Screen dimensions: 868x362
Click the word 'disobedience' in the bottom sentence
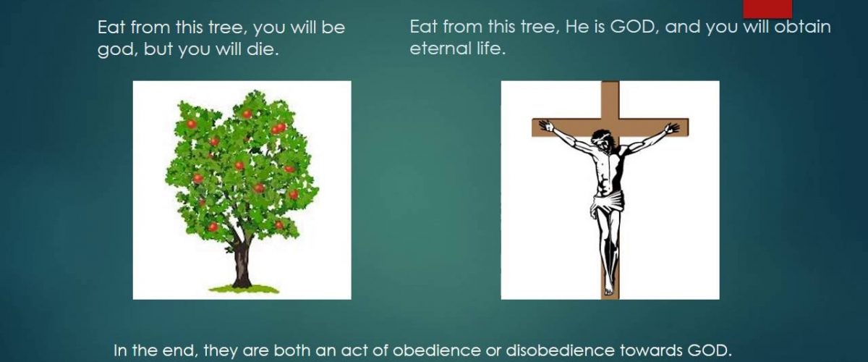pos(560,350)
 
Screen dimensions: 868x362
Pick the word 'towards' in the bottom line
pos(651,350)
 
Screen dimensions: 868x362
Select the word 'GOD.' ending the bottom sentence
pos(710,350)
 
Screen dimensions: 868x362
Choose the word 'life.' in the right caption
pos(492,49)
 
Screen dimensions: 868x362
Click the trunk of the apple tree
pos(242,264)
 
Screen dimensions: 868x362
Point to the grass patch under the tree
pos(244,289)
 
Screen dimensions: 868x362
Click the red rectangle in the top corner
pos(767,9)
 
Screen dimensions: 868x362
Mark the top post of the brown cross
pos(610,100)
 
